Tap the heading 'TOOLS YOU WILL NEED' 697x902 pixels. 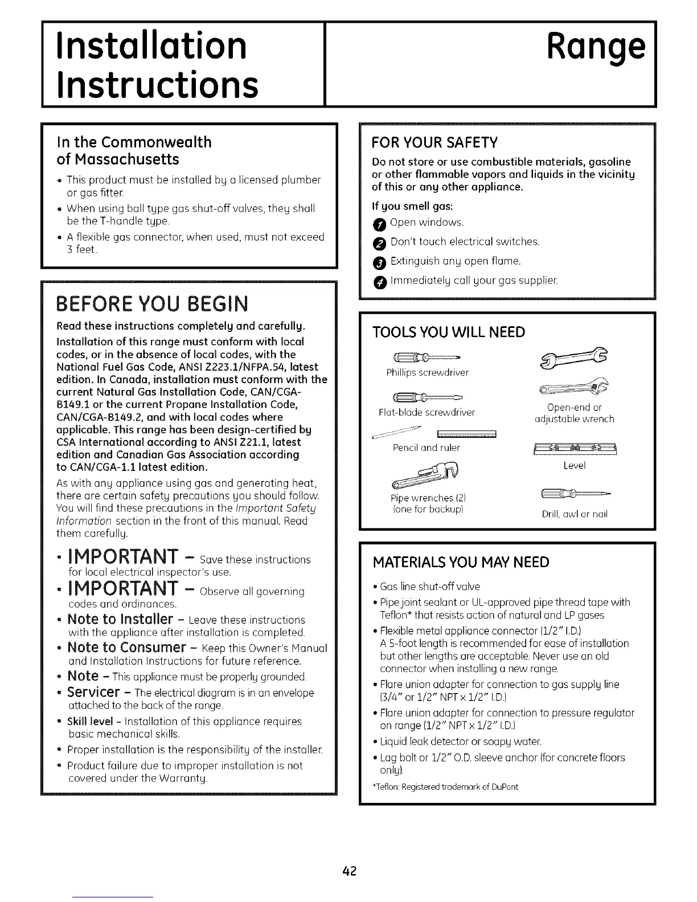pos(448,332)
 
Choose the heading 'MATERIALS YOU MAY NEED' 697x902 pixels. pos(461,563)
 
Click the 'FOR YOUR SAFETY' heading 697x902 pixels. pos(434,141)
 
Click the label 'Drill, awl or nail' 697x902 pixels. pos(575,514)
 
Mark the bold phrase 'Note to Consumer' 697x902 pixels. pos(126,647)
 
